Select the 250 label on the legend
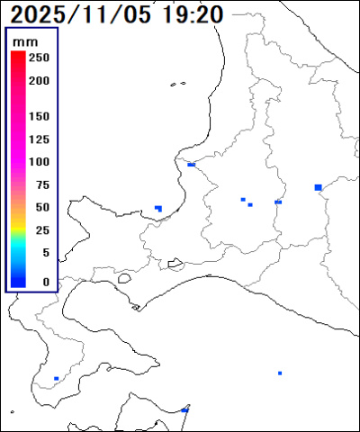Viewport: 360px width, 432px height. (39, 58)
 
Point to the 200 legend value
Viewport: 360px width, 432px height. (39, 80)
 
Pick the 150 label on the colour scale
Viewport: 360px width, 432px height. (39, 117)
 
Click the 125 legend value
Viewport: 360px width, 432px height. (39, 139)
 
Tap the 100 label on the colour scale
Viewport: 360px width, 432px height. (39, 162)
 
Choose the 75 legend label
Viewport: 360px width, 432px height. (41, 184)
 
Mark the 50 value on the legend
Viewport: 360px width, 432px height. (41, 207)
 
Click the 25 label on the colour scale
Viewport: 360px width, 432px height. (41, 230)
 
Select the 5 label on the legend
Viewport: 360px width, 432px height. (45, 253)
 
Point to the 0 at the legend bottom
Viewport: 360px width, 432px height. (45, 282)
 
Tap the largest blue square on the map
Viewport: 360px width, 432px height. (318, 187)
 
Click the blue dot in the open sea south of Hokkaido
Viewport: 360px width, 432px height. (280, 373)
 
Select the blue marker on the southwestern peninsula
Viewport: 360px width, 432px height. (56, 379)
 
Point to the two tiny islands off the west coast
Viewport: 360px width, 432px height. (177, 85)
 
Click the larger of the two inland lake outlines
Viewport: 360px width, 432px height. (175, 264)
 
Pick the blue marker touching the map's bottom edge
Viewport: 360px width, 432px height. (184, 409)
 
